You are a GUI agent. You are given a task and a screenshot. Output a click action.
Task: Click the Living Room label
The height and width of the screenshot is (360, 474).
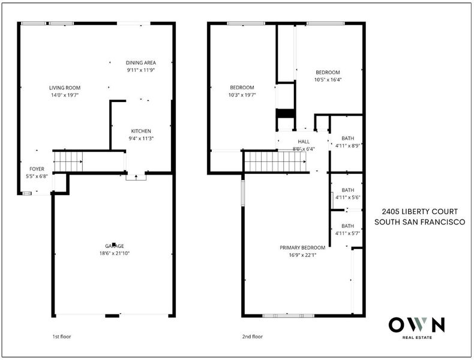pyautogui.click(x=65, y=88)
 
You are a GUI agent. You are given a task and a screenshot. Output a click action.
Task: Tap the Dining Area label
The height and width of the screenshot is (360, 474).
pyautogui.click(x=141, y=62)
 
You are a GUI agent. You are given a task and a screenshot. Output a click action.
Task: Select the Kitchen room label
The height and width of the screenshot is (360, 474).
pyautogui.click(x=141, y=131)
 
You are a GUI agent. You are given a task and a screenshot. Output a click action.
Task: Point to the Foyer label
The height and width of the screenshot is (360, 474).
pyautogui.click(x=37, y=169)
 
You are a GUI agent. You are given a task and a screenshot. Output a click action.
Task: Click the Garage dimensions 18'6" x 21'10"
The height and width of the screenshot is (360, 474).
pyautogui.click(x=114, y=253)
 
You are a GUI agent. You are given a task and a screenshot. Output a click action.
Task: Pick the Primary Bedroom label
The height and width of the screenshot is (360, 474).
pyautogui.click(x=302, y=248)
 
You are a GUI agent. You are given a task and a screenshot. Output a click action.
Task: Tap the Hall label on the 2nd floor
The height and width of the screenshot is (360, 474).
pyautogui.click(x=304, y=142)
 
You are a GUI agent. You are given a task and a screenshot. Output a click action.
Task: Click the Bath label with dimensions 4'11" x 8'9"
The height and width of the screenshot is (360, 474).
pyautogui.click(x=347, y=138)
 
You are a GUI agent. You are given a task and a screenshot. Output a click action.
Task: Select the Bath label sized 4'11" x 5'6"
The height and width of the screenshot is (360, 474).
pyautogui.click(x=347, y=190)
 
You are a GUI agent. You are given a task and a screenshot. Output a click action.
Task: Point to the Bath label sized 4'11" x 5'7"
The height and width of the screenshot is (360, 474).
pyautogui.click(x=347, y=226)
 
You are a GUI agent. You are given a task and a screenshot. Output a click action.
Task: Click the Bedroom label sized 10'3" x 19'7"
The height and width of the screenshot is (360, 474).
pyautogui.click(x=242, y=88)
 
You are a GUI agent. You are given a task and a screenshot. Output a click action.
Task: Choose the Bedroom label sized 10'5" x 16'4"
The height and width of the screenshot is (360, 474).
pyautogui.click(x=328, y=72)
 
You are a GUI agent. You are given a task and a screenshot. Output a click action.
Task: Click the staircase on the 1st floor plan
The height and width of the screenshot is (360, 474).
pyautogui.click(x=68, y=161)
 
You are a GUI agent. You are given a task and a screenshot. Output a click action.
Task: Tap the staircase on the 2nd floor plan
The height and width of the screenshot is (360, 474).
pyautogui.click(x=275, y=161)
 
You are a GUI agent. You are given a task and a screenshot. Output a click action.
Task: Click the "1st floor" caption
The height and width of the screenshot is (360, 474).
pyautogui.click(x=62, y=337)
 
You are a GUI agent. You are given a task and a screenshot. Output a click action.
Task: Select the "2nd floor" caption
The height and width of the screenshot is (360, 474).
pyautogui.click(x=253, y=337)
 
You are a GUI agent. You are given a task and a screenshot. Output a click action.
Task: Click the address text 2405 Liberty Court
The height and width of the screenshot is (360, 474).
pyautogui.click(x=419, y=212)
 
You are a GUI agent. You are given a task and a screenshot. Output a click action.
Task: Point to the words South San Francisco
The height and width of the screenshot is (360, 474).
pyautogui.click(x=419, y=222)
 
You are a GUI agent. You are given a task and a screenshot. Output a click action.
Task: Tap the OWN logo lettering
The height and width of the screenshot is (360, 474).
pyautogui.click(x=416, y=325)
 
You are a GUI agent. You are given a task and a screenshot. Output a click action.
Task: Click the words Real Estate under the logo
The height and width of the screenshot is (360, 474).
pyautogui.click(x=417, y=337)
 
